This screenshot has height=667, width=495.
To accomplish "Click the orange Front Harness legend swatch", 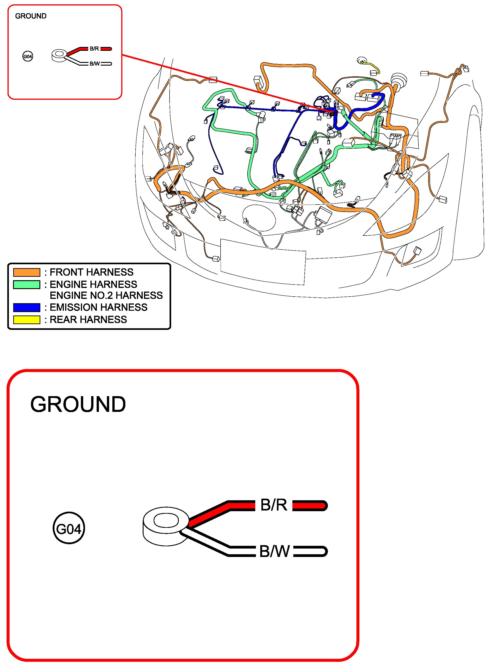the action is click(27, 272).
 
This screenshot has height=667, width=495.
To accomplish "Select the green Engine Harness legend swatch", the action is click(27, 285).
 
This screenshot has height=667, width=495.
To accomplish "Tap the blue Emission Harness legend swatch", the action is click(27, 308).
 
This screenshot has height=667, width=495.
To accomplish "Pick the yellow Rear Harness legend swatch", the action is click(27, 320).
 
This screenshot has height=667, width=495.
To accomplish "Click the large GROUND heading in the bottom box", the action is click(78, 404).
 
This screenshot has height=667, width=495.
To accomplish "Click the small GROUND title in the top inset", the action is click(31, 16).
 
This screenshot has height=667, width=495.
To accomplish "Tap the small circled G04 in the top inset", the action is click(28, 56).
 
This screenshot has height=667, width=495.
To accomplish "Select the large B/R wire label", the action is click(274, 505).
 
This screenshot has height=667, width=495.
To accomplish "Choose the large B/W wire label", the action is click(274, 551).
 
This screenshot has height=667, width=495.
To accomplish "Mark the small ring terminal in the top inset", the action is click(59, 56).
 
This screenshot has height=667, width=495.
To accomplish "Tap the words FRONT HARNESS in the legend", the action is click(91, 272).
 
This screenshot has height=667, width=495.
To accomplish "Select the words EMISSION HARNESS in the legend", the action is click(98, 307).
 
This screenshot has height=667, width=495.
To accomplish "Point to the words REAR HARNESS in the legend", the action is click(88, 320).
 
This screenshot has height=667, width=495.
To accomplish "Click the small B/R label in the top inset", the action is click(94, 49).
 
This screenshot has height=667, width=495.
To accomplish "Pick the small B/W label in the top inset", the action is click(95, 64).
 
